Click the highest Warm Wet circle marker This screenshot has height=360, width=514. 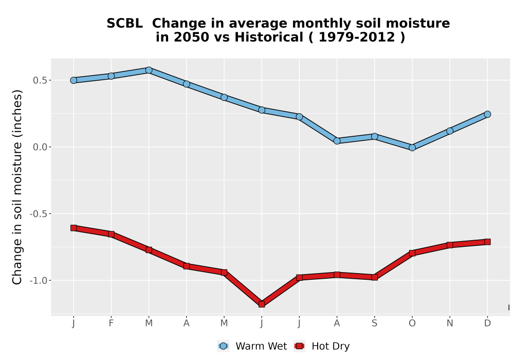(x=149, y=70)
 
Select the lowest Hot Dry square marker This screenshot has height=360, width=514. (x=262, y=304)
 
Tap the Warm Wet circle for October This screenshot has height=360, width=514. (x=412, y=148)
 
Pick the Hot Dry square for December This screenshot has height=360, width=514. (x=487, y=242)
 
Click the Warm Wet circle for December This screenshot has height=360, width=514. (x=487, y=114)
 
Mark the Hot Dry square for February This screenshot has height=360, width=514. (x=111, y=234)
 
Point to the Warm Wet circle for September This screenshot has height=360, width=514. (x=374, y=136)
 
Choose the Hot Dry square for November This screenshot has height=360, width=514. (x=450, y=245)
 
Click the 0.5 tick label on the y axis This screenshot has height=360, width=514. (x=40, y=80)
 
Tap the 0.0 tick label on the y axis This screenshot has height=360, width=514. (x=40, y=147)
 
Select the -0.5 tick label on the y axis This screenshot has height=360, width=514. (x=38, y=214)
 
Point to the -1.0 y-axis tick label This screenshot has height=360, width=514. (x=38, y=281)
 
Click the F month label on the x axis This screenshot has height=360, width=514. (x=111, y=323)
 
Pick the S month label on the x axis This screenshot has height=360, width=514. (x=374, y=323)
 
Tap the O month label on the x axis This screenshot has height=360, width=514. (x=412, y=323)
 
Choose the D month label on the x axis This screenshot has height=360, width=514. (x=487, y=323)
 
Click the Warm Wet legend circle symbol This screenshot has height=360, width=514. (x=223, y=346)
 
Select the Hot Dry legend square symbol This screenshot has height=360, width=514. (x=299, y=346)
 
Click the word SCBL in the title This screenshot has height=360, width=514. (x=124, y=24)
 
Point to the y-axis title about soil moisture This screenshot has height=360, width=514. (x=17, y=187)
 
